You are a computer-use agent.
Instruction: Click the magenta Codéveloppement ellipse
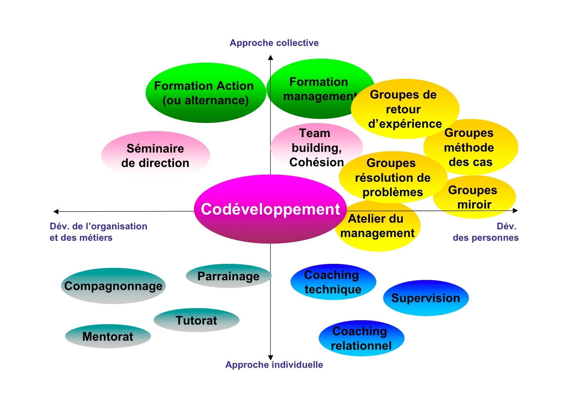click(270, 209)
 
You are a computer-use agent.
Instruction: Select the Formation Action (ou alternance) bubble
click(205, 93)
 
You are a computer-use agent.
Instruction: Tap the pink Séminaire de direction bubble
click(155, 155)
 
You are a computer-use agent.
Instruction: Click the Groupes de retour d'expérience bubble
click(405, 109)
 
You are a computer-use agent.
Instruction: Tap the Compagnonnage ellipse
click(113, 286)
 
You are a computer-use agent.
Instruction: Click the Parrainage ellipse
click(228, 276)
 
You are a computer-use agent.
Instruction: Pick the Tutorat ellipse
click(197, 320)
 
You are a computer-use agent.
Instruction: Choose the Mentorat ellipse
click(108, 336)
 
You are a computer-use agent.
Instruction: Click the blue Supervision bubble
click(426, 298)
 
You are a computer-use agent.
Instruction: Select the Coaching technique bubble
click(333, 282)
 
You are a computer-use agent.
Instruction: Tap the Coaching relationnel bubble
click(361, 338)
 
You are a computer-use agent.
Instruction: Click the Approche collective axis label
click(274, 43)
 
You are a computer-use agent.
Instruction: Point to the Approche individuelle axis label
click(274, 364)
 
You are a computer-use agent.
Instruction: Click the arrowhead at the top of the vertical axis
click(270, 58)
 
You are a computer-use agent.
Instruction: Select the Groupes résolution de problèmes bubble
click(393, 177)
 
